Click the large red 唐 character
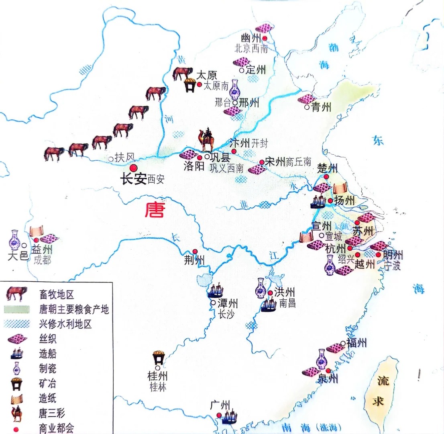pos(155,210)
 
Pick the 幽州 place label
pos(251,39)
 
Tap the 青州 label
pos(321,108)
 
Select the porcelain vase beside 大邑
pos(15,240)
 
